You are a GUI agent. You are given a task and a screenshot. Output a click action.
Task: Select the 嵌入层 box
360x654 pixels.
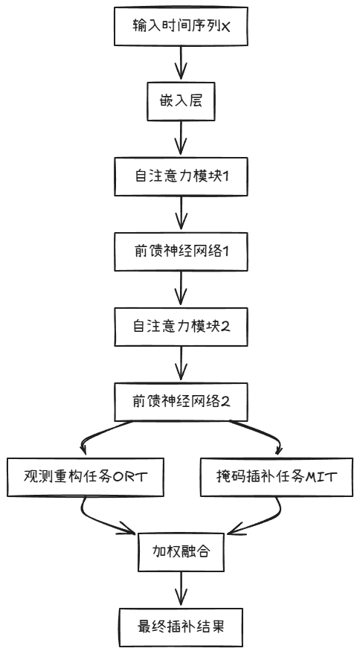(181, 103)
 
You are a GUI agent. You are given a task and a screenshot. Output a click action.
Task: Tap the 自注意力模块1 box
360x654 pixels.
(181, 178)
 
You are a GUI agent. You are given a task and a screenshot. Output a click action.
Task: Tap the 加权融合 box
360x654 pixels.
(181, 552)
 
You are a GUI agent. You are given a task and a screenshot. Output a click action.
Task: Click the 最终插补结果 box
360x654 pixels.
(181, 627)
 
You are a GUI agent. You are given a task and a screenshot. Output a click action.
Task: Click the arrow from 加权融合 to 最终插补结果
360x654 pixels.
(181, 590)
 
